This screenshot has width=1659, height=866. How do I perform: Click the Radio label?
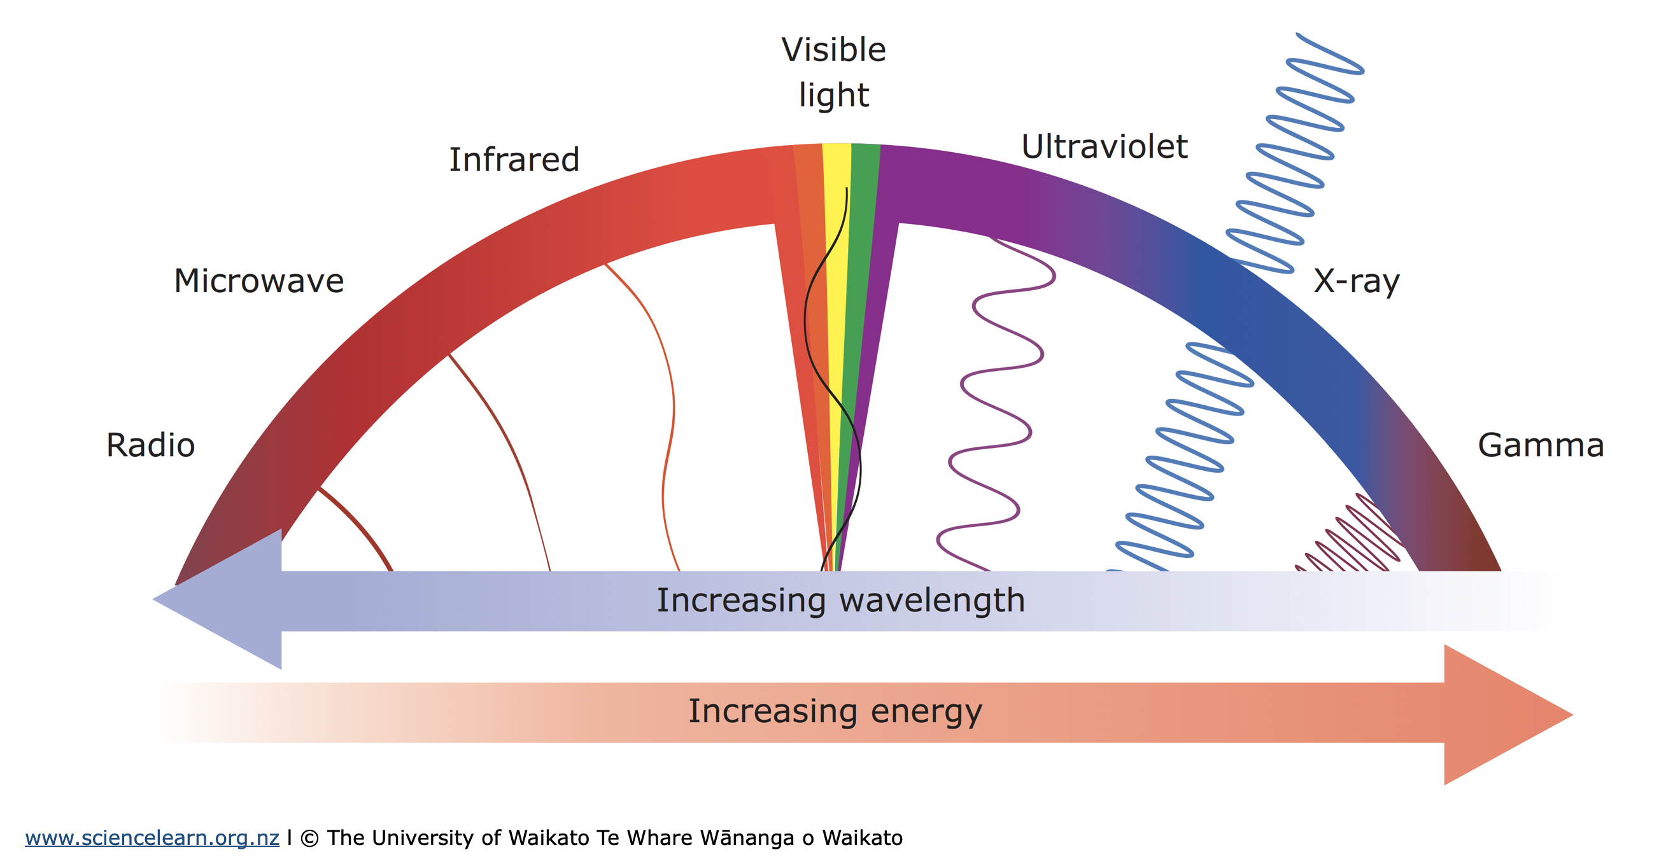coord(150,445)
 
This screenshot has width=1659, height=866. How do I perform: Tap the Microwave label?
coord(258,281)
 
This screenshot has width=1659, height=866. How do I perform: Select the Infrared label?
coord(514,160)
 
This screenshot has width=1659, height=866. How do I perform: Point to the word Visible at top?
coord(833,50)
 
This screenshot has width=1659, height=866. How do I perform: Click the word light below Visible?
coord(833,95)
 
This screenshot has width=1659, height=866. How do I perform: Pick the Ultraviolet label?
coord(1104,147)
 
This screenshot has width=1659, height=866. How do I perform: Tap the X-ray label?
coord(1357,281)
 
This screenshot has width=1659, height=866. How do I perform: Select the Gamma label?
coord(1541,445)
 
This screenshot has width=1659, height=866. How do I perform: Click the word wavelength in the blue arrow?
coord(932,600)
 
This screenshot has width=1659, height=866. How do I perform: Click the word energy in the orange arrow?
coord(926,712)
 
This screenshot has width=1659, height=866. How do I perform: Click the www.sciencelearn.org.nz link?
coord(152,837)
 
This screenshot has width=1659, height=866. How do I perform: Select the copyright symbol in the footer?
coord(309,838)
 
